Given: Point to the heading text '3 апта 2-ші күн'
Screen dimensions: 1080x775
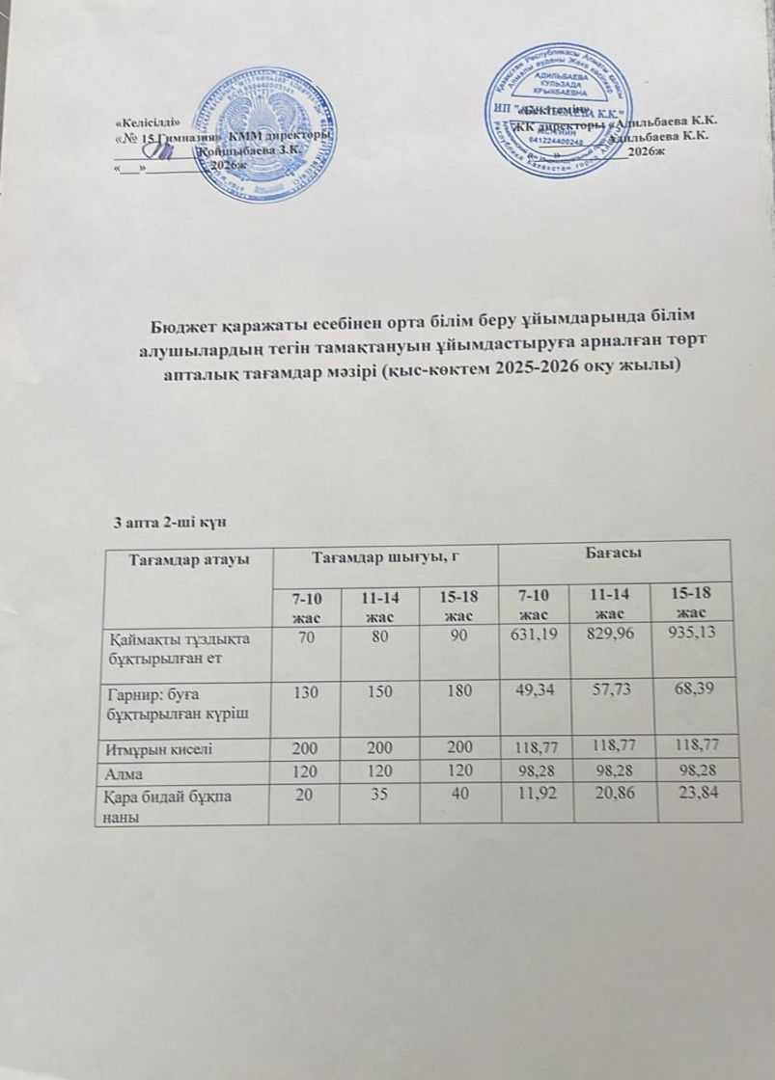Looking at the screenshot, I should point(169,523).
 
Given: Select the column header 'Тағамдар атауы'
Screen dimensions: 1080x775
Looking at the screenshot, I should point(184,558).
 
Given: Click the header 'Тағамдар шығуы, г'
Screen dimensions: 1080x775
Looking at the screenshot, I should point(385,556).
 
